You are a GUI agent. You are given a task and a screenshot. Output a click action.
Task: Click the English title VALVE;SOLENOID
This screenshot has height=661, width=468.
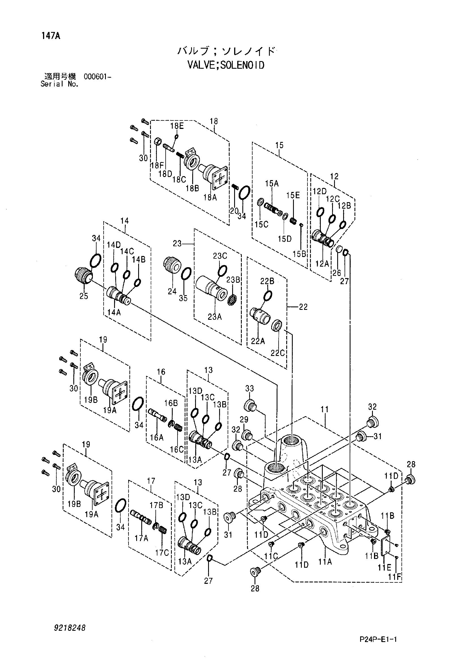[x=226, y=65]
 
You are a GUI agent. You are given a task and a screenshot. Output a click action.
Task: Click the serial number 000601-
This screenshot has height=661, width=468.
[x=97, y=77]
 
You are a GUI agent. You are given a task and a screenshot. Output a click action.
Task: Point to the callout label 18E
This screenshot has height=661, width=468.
[x=177, y=126]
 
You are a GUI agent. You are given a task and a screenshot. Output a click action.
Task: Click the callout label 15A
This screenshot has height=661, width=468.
[x=272, y=183]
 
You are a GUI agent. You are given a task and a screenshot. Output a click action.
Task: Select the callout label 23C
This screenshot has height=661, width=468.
[x=220, y=256]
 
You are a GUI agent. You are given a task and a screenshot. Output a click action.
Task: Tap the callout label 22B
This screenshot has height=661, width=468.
[x=267, y=281]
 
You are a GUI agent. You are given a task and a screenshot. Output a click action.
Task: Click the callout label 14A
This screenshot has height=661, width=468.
[x=114, y=312]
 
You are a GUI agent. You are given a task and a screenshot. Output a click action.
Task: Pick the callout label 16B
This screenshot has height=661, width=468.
[x=171, y=403]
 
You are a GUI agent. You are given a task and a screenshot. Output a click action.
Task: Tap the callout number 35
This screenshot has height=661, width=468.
[x=183, y=298]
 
